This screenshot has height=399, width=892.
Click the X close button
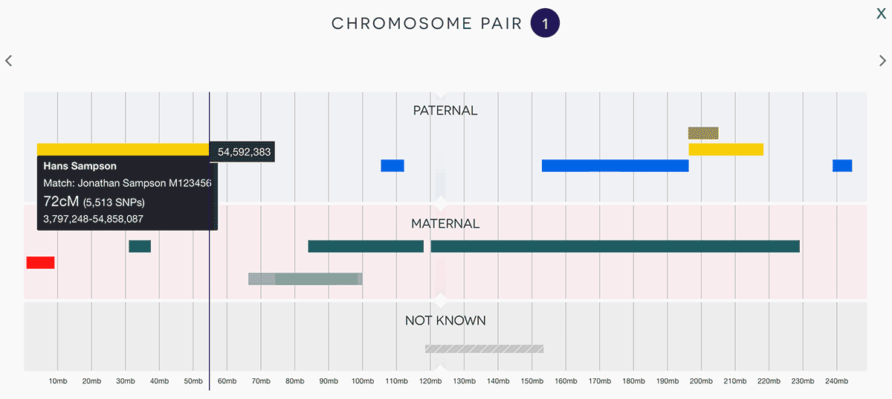(881, 13)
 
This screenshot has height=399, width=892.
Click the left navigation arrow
(9, 61)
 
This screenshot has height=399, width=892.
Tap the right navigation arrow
(883, 61)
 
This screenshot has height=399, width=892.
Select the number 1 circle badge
(545, 24)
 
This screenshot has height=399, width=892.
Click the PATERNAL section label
(445, 111)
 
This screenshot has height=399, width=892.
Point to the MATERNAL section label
(445, 223)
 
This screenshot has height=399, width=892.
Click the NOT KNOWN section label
(445, 321)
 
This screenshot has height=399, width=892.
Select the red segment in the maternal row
(40, 263)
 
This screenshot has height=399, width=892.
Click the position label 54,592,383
(243, 152)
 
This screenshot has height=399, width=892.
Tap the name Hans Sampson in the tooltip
(80, 166)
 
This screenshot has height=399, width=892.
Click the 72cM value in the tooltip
(61, 201)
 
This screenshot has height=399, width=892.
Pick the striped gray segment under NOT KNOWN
(484, 348)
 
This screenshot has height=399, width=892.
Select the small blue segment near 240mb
(842, 165)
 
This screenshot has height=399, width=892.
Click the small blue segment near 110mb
(392, 165)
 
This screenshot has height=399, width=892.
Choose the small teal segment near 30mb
(140, 246)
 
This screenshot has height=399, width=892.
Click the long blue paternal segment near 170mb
(615, 165)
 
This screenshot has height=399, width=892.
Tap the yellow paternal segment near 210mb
(725, 150)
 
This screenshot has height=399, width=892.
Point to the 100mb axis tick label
(363, 381)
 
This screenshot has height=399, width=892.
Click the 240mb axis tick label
(836, 381)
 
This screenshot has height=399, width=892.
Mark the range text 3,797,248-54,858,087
(94, 219)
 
